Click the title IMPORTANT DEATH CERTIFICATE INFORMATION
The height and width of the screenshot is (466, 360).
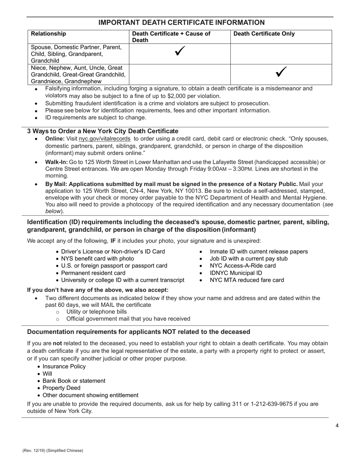pos(182,23)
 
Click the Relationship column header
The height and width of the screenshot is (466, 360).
pos(48,34)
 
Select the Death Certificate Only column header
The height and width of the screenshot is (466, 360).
pos(264,34)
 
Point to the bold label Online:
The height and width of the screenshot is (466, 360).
pos(55,139)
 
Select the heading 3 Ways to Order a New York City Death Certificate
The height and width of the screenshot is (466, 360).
pos(103,131)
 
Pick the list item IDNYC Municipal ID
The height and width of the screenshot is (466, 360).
pos(236,273)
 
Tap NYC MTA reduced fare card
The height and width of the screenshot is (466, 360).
pos(247,280)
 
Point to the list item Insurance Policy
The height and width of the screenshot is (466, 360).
pos(64,366)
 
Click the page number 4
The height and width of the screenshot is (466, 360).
pos(337,425)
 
